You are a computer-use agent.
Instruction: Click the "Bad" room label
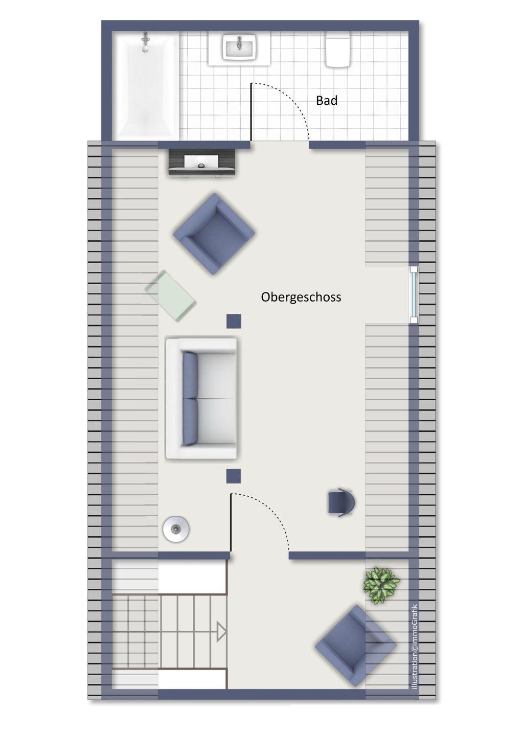tap(326, 100)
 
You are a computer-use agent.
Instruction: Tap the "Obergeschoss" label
tap(301, 297)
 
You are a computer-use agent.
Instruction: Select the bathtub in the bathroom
tap(146, 85)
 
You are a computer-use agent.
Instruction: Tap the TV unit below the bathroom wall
tap(202, 163)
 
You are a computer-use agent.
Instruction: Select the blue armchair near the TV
tap(214, 234)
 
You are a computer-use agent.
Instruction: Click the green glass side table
tap(171, 296)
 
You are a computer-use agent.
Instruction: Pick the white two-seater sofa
tap(201, 399)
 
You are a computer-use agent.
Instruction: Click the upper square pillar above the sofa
tap(234, 321)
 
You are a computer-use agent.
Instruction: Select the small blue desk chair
tap(341, 503)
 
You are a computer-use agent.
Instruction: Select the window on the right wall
tap(414, 295)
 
